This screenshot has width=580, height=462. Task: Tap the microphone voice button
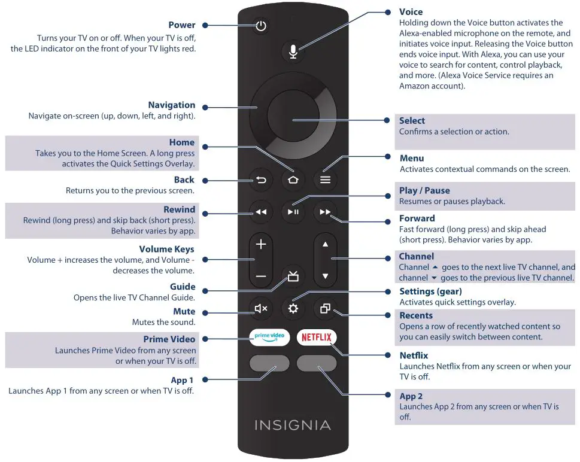point(293,51)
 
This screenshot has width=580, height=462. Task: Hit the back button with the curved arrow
point(261,180)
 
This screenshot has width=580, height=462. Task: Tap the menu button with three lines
point(325,180)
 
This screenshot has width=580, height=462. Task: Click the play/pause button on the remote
point(293,212)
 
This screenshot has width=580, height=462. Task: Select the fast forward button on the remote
point(325,212)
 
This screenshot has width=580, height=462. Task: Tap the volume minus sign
point(261,276)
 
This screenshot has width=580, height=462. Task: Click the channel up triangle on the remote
point(325,244)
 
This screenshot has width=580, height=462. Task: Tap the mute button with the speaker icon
point(261,309)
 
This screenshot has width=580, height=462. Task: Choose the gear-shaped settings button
point(293,309)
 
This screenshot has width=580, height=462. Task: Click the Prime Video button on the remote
point(269,336)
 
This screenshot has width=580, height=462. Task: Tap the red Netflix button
point(317,337)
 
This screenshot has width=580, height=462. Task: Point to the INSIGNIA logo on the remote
point(293,425)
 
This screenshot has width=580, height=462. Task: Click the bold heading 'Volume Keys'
point(166,250)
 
